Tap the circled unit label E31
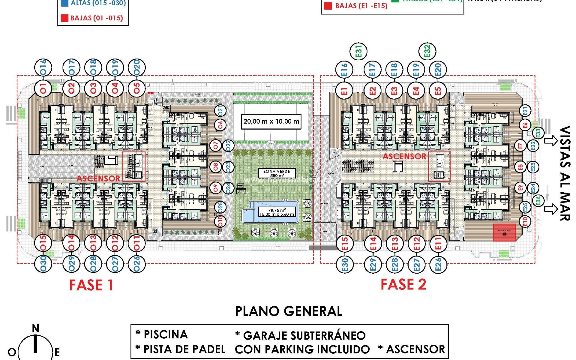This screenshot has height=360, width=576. click(x=359, y=51)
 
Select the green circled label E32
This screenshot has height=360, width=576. click(x=427, y=51)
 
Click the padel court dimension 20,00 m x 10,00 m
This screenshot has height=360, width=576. click(x=271, y=121)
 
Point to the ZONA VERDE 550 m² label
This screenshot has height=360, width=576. click(x=277, y=173)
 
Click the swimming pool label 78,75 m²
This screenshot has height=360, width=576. click(x=277, y=212)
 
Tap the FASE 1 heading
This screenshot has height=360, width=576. click(x=91, y=285)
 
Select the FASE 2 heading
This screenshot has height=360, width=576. click(x=403, y=284)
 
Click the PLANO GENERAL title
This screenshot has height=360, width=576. click(x=289, y=311)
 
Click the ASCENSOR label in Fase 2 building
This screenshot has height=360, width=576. click(x=404, y=156)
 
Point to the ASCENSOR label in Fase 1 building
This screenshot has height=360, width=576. click(x=98, y=178)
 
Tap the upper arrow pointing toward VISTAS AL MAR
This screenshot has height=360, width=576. click(x=550, y=141)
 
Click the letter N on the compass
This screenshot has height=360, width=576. click(x=35, y=328)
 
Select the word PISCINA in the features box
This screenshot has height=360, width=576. click(x=166, y=334)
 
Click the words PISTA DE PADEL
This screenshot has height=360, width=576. click(x=184, y=349)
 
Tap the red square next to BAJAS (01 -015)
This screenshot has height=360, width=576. click(x=64, y=18)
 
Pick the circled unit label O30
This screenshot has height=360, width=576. click(x=43, y=263)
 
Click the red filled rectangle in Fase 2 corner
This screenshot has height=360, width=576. click(x=505, y=232)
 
